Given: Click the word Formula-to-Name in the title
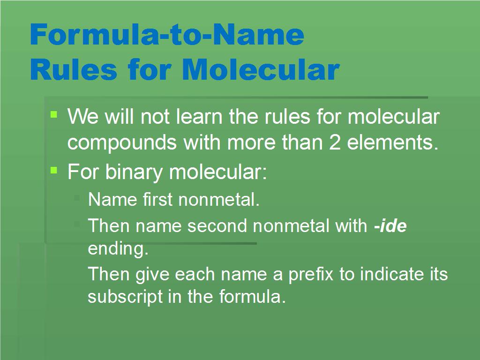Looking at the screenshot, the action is (x=167, y=34).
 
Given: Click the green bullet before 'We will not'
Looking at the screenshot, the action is (x=54, y=114).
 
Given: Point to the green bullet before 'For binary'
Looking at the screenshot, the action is (x=54, y=170).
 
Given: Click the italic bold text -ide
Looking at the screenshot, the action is (x=390, y=225).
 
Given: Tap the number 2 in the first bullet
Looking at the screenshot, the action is (x=335, y=142).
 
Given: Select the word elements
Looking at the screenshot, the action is (x=393, y=142).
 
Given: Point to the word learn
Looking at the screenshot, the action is (x=199, y=117).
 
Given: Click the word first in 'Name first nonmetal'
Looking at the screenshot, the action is (x=157, y=200).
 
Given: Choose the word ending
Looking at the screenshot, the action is (x=118, y=248).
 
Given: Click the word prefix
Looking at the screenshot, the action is (x=311, y=274).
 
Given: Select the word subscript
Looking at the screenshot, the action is (x=125, y=297).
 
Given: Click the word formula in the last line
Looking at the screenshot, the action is (x=252, y=297).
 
